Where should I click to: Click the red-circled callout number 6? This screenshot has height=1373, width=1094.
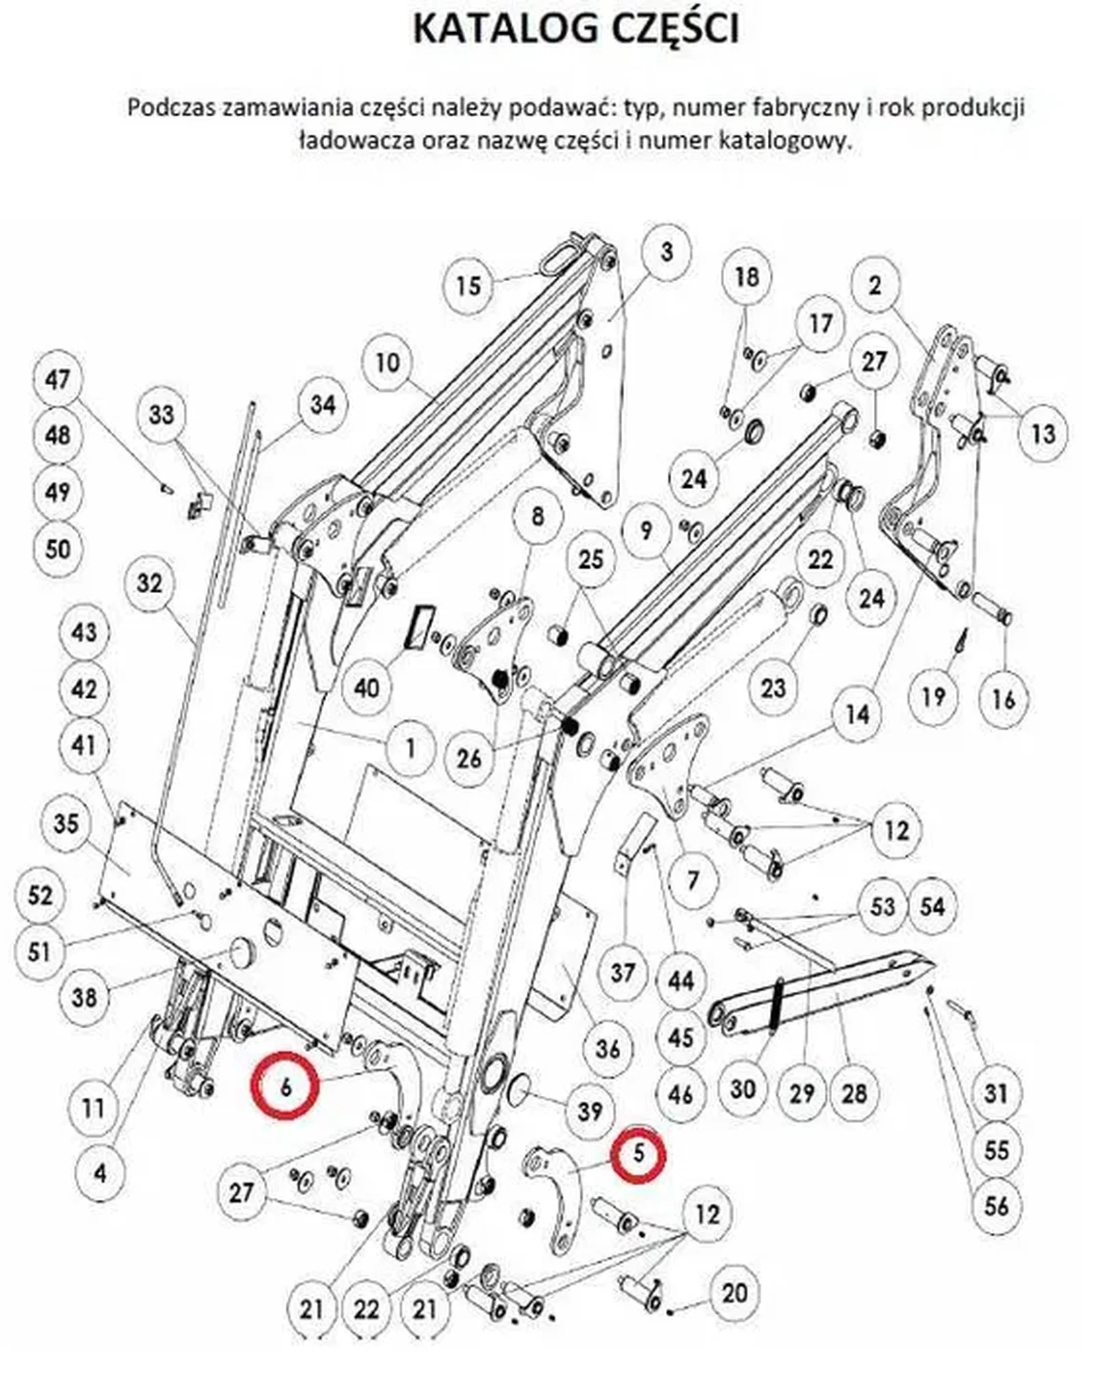point(285,1086)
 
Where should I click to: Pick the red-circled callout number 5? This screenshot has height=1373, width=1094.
point(638,1153)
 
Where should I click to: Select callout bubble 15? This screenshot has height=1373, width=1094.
point(469,285)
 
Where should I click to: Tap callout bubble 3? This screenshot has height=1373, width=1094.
point(666,252)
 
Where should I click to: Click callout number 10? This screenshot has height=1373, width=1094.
point(388,362)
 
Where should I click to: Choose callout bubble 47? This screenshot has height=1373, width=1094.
point(57,378)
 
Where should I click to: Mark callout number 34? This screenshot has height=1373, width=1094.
point(323,404)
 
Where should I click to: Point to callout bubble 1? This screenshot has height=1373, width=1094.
point(410,748)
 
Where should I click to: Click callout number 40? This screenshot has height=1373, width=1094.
point(367,686)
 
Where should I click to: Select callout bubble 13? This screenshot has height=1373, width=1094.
point(1043,433)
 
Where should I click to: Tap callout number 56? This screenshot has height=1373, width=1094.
point(996,1205)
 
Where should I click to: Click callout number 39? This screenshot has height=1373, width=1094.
point(591,1111)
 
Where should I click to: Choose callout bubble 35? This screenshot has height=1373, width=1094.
point(66,824)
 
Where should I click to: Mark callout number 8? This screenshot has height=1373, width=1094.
point(537,516)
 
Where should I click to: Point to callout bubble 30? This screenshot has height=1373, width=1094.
point(743,1088)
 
